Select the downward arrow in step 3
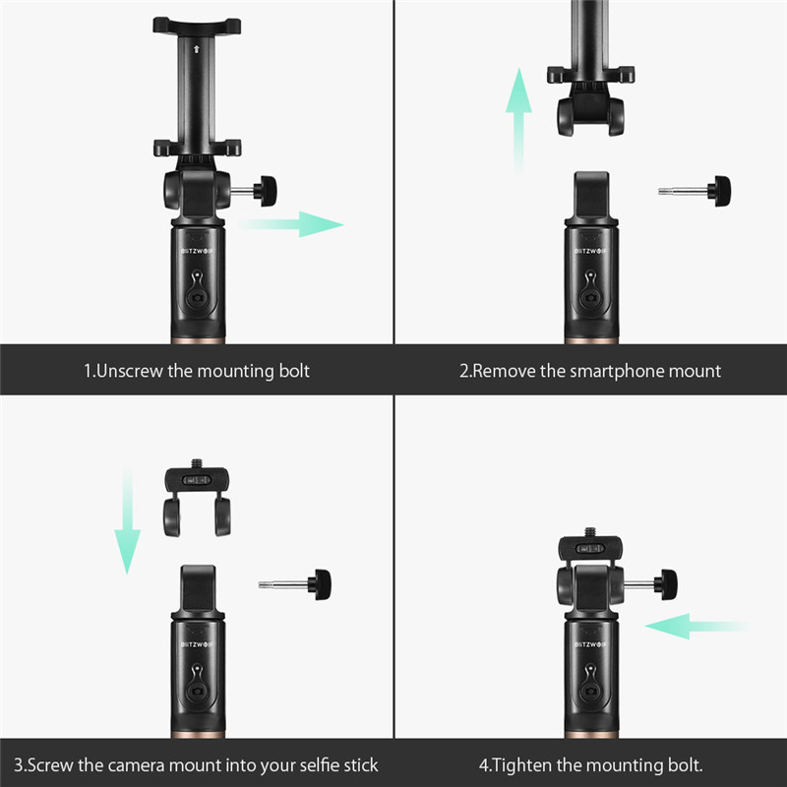click(125, 521)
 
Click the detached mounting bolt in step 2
click(696, 190)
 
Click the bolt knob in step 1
click(266, 189)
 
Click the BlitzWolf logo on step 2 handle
click(591, 250)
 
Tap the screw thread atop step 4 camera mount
click(590, 533)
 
